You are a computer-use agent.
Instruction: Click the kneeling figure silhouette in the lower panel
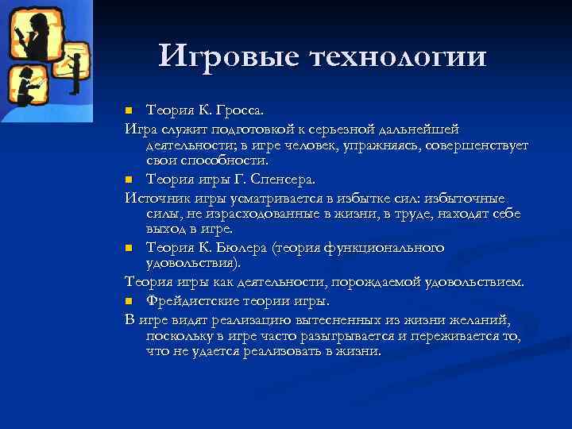[26, 87]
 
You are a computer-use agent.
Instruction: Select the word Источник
[157, 199]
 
